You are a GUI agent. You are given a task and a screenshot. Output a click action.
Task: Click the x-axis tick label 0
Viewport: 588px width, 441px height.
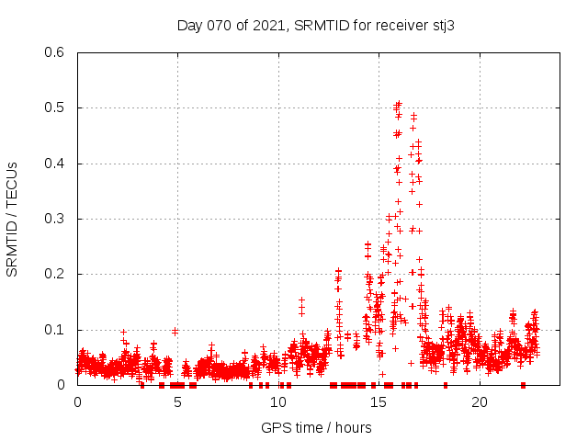(77, 402)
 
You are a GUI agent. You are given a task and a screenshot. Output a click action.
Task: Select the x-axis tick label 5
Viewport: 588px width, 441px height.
(178, 402)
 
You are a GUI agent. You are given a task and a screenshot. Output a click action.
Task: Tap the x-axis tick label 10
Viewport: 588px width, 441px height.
(278, 402)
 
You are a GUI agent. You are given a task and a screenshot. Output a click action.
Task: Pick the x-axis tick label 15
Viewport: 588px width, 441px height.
(379, 402)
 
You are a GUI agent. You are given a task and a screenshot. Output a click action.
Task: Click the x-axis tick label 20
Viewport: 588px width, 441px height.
(480, 402)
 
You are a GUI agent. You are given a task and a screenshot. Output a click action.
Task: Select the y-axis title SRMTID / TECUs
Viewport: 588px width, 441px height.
(13, 219)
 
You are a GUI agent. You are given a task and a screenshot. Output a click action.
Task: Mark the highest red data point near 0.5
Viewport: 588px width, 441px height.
(399, 104)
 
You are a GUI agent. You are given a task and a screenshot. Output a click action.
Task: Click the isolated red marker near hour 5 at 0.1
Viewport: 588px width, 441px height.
(175, 331)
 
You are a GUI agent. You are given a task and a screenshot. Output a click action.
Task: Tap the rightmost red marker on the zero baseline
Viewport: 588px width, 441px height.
(523, 385)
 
